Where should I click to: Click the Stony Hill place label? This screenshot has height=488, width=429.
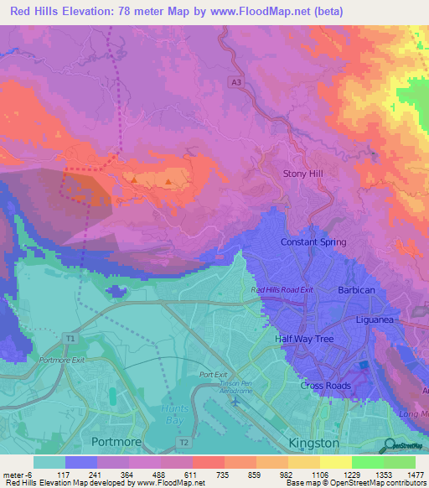point(302,174)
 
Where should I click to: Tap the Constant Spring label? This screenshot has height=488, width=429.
point(313,242)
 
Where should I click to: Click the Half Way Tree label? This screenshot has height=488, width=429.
point(306,339)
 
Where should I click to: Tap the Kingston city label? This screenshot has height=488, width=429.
point(314,442)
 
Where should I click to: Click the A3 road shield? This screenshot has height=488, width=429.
point(239,81)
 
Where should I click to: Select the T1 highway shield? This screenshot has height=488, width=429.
point(70,338)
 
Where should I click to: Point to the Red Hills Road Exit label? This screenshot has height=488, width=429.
point(282,290)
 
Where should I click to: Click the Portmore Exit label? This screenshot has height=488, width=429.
point(62,360)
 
